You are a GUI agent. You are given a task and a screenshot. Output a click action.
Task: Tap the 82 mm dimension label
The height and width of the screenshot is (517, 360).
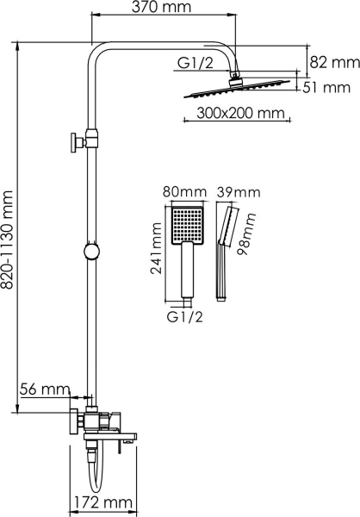(x=333, y=62)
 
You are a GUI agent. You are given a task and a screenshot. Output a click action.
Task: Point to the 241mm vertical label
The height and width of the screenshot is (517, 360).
(x=158, y=250)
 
